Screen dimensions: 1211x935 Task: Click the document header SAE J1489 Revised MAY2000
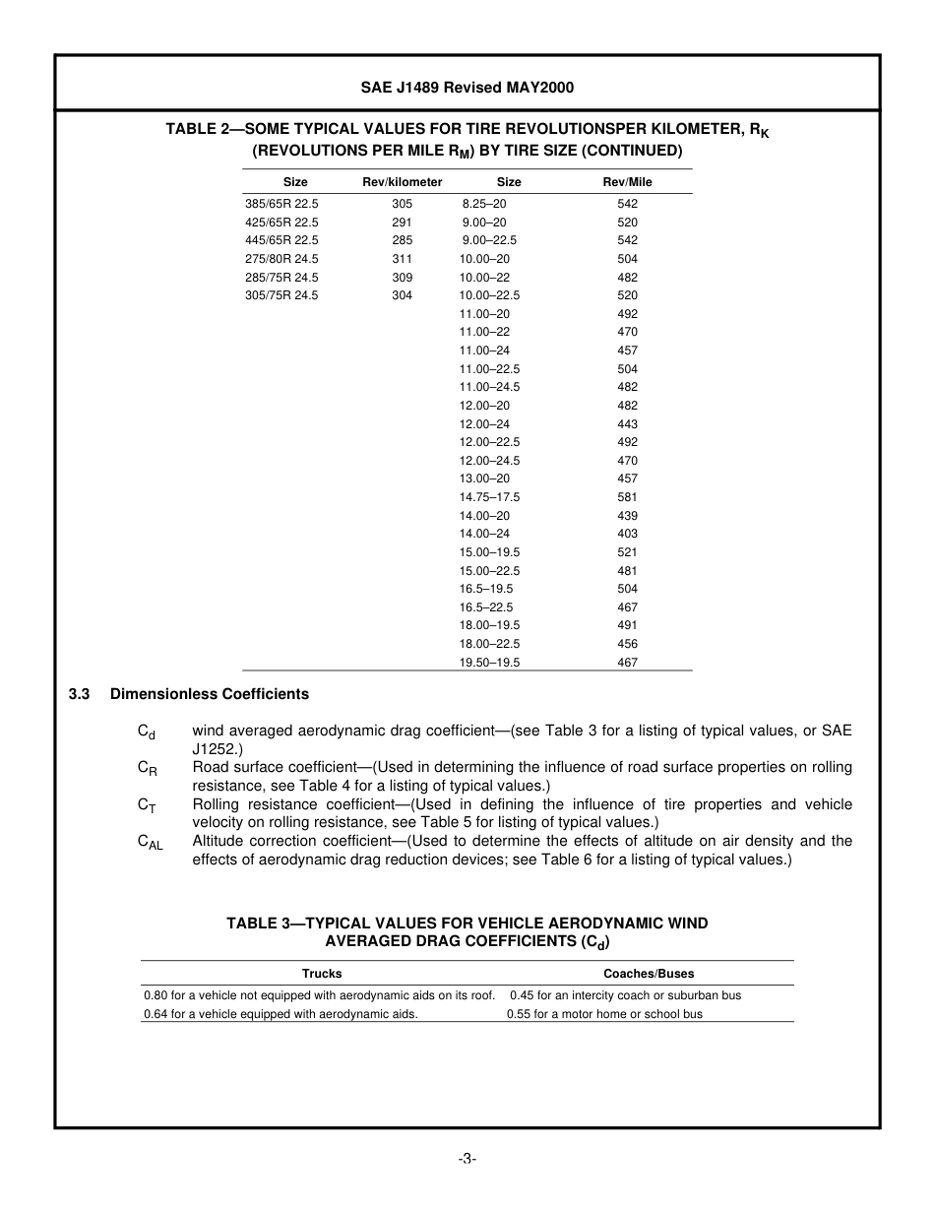pos(467,88)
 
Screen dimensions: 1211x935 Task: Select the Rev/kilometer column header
pos(402,182)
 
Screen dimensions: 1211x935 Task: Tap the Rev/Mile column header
pos(627,182)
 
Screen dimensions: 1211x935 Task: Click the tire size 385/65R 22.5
pos(281,204)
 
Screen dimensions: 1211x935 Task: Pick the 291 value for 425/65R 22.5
pos(402,223)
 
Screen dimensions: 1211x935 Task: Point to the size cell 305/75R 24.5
pos(281,295)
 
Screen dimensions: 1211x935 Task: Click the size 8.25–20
pos(483,204)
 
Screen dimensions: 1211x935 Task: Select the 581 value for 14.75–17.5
pos(627,497)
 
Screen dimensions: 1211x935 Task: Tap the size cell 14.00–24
pos(484,534)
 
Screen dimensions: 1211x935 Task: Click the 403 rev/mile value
pos(627,534)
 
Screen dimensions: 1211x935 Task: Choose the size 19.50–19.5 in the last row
pos(489,663)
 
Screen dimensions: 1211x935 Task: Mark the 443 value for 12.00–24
pos(627,424)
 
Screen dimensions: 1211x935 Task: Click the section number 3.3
pos(80,694)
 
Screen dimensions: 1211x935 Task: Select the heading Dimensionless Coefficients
pos(209,694)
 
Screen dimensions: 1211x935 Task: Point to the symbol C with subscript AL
pos(150,843)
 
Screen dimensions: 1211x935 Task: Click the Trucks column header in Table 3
pos(322,974)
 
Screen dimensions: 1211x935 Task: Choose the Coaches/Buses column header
pos(649,974)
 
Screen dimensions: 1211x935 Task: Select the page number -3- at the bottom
pos(467,1159)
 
